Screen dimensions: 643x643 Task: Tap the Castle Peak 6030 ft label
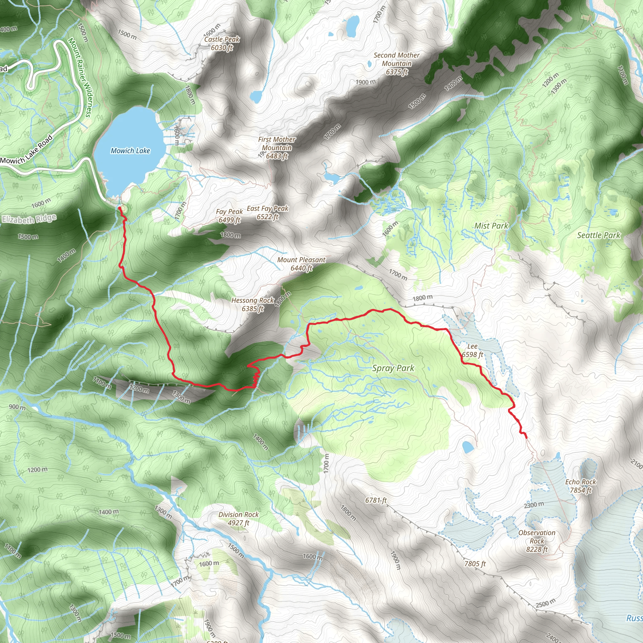[222, 43]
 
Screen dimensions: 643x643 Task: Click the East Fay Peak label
[267, 212]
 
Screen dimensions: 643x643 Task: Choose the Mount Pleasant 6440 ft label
[301, 264]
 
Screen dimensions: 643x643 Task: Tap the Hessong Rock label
[253, 304]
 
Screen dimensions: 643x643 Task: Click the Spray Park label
[393, 368]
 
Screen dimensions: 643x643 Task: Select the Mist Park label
[491, 226]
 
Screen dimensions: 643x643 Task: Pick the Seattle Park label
[598, 235]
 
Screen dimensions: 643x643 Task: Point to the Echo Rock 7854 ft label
[581, 486]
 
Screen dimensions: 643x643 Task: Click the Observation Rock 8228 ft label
[537, 541]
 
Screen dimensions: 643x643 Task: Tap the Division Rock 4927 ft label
[238, 519]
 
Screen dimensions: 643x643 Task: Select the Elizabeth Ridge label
[29, 219]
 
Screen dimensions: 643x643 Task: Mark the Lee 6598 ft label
[472, 350]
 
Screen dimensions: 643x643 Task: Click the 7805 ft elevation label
[475, 564]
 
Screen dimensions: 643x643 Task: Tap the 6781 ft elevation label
[376, 500]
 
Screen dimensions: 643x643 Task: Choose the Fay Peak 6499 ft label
[229, 216]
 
